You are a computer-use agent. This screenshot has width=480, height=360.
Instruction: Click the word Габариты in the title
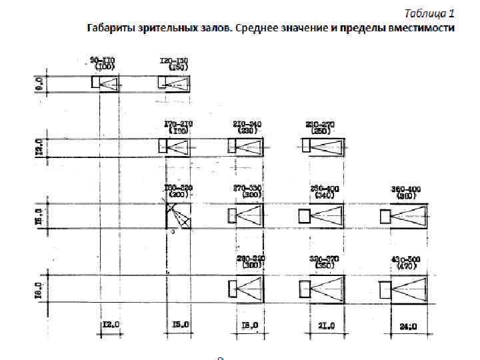(108, 28)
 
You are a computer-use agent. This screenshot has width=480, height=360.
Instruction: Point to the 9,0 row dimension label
(39, 83)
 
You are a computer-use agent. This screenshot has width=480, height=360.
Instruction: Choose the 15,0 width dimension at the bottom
(180, 325)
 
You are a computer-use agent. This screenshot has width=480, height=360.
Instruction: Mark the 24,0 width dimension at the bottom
(407, 326)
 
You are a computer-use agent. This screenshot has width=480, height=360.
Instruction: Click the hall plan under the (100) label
(105, 83)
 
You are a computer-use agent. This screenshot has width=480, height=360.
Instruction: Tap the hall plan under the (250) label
(323, 146)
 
